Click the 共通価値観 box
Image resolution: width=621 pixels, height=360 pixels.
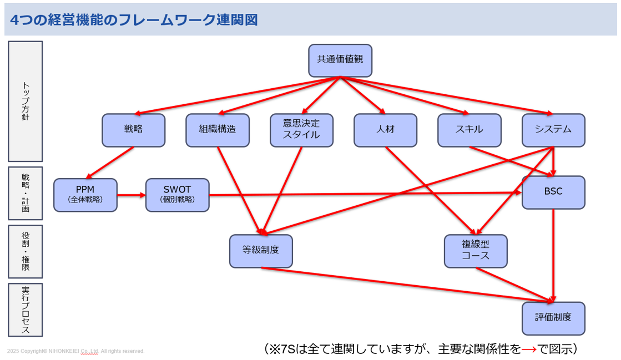click(340, 60)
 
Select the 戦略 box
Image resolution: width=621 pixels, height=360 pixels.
click(133, 130)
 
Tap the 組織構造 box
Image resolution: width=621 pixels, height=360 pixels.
click(218, 130)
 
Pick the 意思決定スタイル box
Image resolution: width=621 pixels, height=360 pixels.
click(301, 130)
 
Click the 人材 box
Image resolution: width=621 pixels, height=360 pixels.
click(385, 130)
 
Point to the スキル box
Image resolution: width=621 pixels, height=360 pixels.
click(469, 130)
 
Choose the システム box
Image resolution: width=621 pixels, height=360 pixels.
click(553, 130)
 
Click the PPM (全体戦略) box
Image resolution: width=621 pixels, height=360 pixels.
click(85, 195)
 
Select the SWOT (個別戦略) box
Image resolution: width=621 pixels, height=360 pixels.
click(178, 195)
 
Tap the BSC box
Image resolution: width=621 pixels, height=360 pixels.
click(553, 192)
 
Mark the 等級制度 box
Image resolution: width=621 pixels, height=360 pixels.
click(261, 251)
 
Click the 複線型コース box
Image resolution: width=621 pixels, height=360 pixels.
click(476, 251)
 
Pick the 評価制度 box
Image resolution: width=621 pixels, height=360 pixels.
click(553, 318)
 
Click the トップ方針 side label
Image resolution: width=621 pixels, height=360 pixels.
click(26, 102)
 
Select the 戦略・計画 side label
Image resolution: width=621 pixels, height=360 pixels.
click(26, 193)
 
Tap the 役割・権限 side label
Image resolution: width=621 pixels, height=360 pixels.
click(26, 251)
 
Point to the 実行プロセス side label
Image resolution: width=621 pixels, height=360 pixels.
click(26, 310)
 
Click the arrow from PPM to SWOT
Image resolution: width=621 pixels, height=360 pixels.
click(132, 195)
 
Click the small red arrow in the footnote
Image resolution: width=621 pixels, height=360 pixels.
click(529, 349)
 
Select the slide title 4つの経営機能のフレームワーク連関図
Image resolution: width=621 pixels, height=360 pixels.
click(134, 19)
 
